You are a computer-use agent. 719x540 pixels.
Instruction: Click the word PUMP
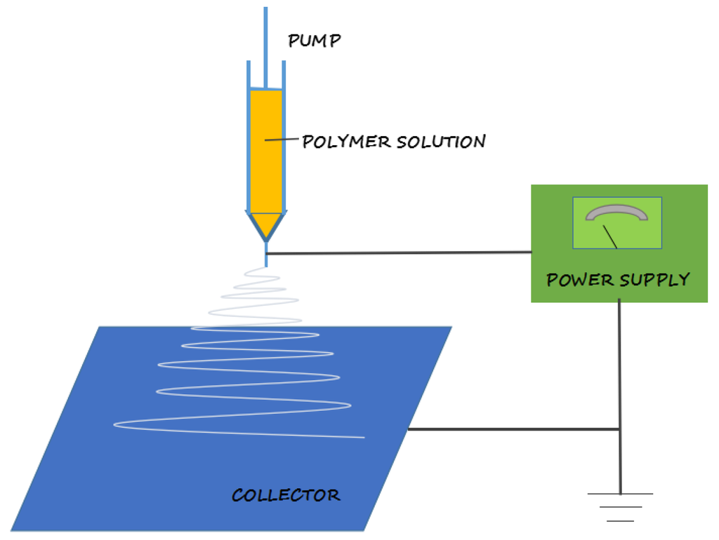coord(314,41)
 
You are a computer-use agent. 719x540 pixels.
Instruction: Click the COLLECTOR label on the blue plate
coord(286,495)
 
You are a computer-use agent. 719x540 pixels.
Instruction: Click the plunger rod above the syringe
coord(265,42)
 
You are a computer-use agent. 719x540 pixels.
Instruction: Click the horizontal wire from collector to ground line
coord(513,429)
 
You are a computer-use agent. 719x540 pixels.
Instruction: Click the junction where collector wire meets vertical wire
coord(619,429)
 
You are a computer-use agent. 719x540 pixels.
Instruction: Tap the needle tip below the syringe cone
coord(266,256)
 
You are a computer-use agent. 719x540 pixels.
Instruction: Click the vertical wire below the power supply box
coord(619,365)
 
